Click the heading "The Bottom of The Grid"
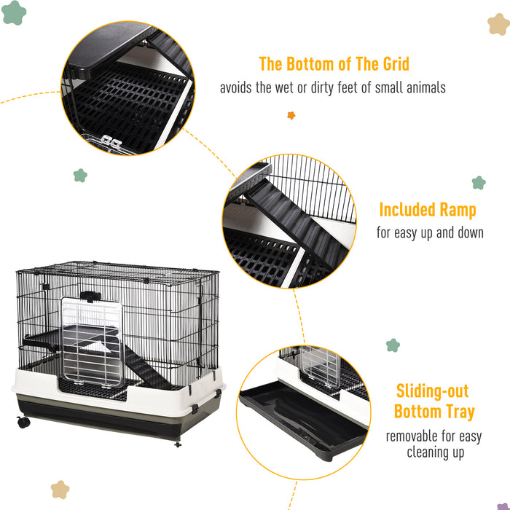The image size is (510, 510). point(334,64)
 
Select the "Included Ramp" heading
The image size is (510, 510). point(427,211)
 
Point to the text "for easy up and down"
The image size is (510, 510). point(430,233)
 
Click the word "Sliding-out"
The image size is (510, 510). point(432,391)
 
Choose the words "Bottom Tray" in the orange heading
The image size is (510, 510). point(433,412)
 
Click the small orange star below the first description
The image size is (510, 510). point(291,115)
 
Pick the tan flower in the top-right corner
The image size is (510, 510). point(498,24)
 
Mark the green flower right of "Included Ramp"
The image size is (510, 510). point(478,182)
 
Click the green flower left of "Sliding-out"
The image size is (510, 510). point(393,345)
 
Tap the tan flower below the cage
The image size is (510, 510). point(60,490)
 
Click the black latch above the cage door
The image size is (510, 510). point(89,296)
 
